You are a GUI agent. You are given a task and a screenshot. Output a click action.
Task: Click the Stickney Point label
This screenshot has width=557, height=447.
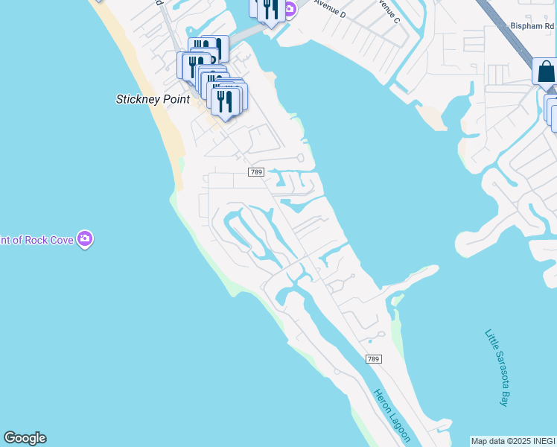153,99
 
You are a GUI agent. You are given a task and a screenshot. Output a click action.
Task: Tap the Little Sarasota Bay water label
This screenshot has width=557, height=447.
496,367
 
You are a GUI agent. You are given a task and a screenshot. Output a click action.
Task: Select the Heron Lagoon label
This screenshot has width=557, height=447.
387,418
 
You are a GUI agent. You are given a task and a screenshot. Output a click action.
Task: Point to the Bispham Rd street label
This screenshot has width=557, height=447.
533,25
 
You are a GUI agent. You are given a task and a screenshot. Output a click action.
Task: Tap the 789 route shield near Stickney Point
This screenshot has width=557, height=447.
256,172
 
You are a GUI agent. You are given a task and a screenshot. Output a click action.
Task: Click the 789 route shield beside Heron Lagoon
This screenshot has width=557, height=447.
374,359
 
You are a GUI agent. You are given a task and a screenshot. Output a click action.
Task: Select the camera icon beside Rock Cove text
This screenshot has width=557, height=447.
86,239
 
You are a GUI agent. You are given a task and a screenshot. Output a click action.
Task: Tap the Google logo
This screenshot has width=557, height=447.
25,438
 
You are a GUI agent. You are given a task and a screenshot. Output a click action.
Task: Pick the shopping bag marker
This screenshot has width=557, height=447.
546,72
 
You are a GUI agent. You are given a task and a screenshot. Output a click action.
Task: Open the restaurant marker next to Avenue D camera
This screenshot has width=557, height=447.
270,9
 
